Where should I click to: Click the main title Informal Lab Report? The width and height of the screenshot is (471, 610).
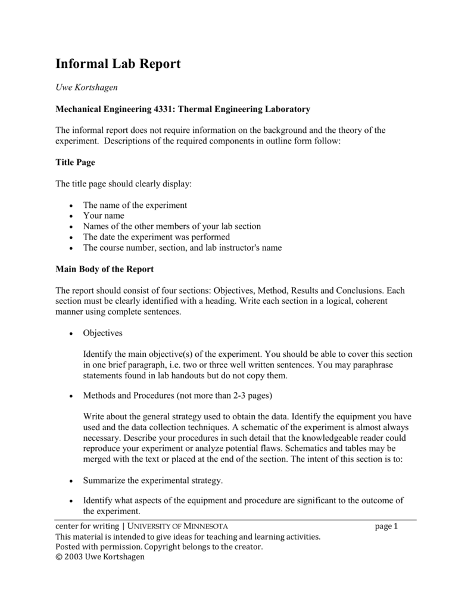click(x=118, y=64)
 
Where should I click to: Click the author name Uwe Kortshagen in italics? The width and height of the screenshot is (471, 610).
click(x=86, y=88)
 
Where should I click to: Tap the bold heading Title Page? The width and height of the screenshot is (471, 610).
click(x=75, y=162)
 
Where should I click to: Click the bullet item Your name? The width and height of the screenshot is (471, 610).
click(x=104, y=216)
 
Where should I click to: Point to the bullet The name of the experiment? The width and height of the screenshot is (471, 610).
click(x=135, y=205)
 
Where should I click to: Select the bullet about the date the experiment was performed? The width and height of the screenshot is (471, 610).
click(x=156, y=237)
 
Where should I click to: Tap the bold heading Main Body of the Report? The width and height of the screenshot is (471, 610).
click(x=104, y=269)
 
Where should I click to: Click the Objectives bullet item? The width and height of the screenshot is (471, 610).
click(x=102, y=333)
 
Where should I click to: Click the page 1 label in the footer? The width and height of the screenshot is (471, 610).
click(x=386, y=526)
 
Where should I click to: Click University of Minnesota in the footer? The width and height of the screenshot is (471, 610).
click(x=177, y=526)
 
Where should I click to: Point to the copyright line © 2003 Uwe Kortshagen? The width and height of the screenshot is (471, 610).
click(x=99, y=556)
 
